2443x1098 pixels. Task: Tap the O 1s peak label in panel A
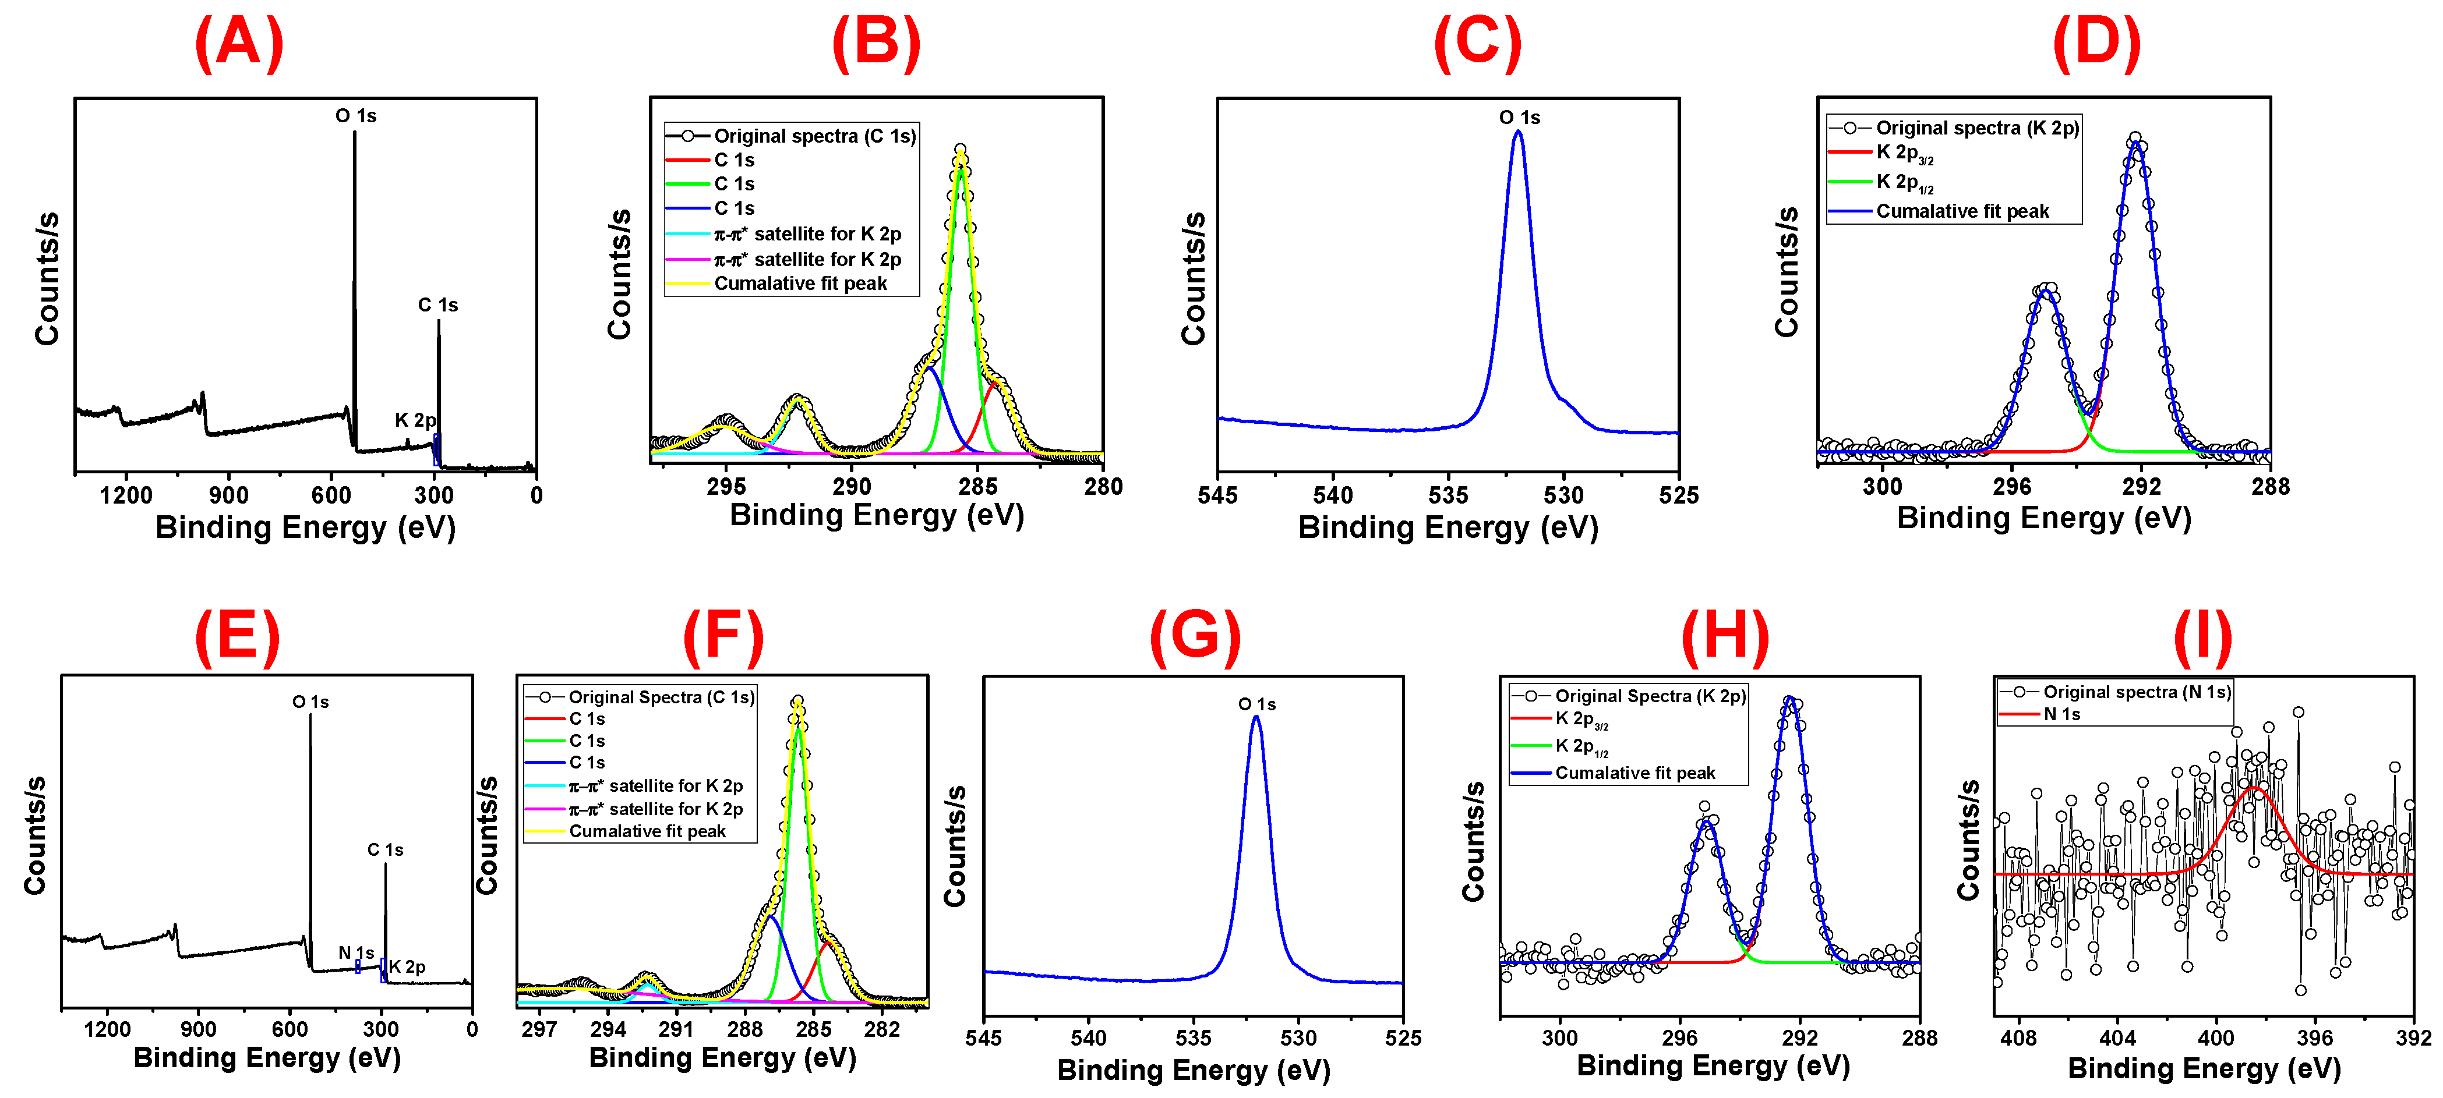(x=356, y=116)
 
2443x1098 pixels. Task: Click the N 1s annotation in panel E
(x=356, y=952)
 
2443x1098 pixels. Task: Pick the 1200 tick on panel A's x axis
(x=126, y=495)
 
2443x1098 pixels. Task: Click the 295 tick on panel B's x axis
(x=726, y=487)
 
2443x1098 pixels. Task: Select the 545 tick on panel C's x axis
(x=1217, y=495)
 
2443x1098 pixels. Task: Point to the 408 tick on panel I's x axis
(x=2018, y=1037)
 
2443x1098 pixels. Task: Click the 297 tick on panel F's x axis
(x=539, y=1029)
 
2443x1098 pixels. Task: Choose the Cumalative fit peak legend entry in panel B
(x=800, y=284)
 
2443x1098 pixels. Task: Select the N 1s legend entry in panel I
(x=2062, y=714)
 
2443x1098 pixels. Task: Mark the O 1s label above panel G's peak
(x=1256, y=703)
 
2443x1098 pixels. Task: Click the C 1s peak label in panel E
(x=385, y=849)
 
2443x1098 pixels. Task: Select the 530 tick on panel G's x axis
(x=1298, y=1037)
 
